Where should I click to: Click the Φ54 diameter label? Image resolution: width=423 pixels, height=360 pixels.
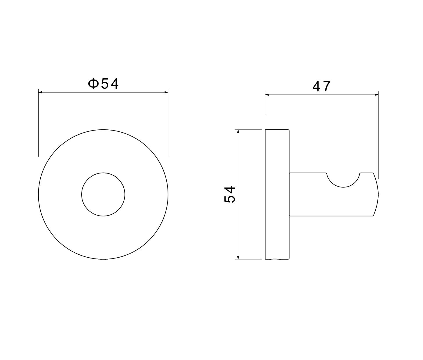tap(103, 84)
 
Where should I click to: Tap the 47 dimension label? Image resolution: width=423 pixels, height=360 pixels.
tap(321, 86)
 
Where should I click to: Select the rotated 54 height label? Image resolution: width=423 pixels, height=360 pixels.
tap(230, 194)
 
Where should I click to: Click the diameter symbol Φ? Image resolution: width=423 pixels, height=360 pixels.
tap(93, 84)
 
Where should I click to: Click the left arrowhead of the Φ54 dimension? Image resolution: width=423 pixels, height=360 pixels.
tap(40, 93)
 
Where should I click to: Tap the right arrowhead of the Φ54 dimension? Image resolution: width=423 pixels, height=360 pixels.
tap(166, 93)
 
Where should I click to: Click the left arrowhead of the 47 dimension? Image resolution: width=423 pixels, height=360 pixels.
tap(267, 95)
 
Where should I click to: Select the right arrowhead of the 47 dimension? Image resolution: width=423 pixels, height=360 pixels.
tap(377, 95)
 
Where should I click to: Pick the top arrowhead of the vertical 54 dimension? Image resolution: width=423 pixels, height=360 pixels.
tap(238, 131)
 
